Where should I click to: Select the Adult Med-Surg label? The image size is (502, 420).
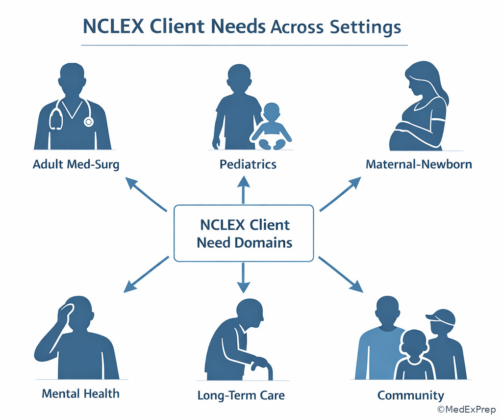pos(76,164)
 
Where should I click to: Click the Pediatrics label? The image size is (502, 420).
pos(248,164)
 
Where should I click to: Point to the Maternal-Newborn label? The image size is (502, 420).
pos(419,164)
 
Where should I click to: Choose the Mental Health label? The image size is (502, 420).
pos(80,393)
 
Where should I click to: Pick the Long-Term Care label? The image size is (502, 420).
pos(241,395)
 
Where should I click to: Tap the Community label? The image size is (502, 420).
pos(411,395)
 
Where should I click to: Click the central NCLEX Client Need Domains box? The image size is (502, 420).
pos(244,234)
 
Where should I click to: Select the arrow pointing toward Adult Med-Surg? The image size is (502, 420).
pos(146,195)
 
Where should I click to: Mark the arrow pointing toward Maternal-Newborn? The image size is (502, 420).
pos(341,195)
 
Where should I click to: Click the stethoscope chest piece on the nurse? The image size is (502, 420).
pos(89,121)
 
